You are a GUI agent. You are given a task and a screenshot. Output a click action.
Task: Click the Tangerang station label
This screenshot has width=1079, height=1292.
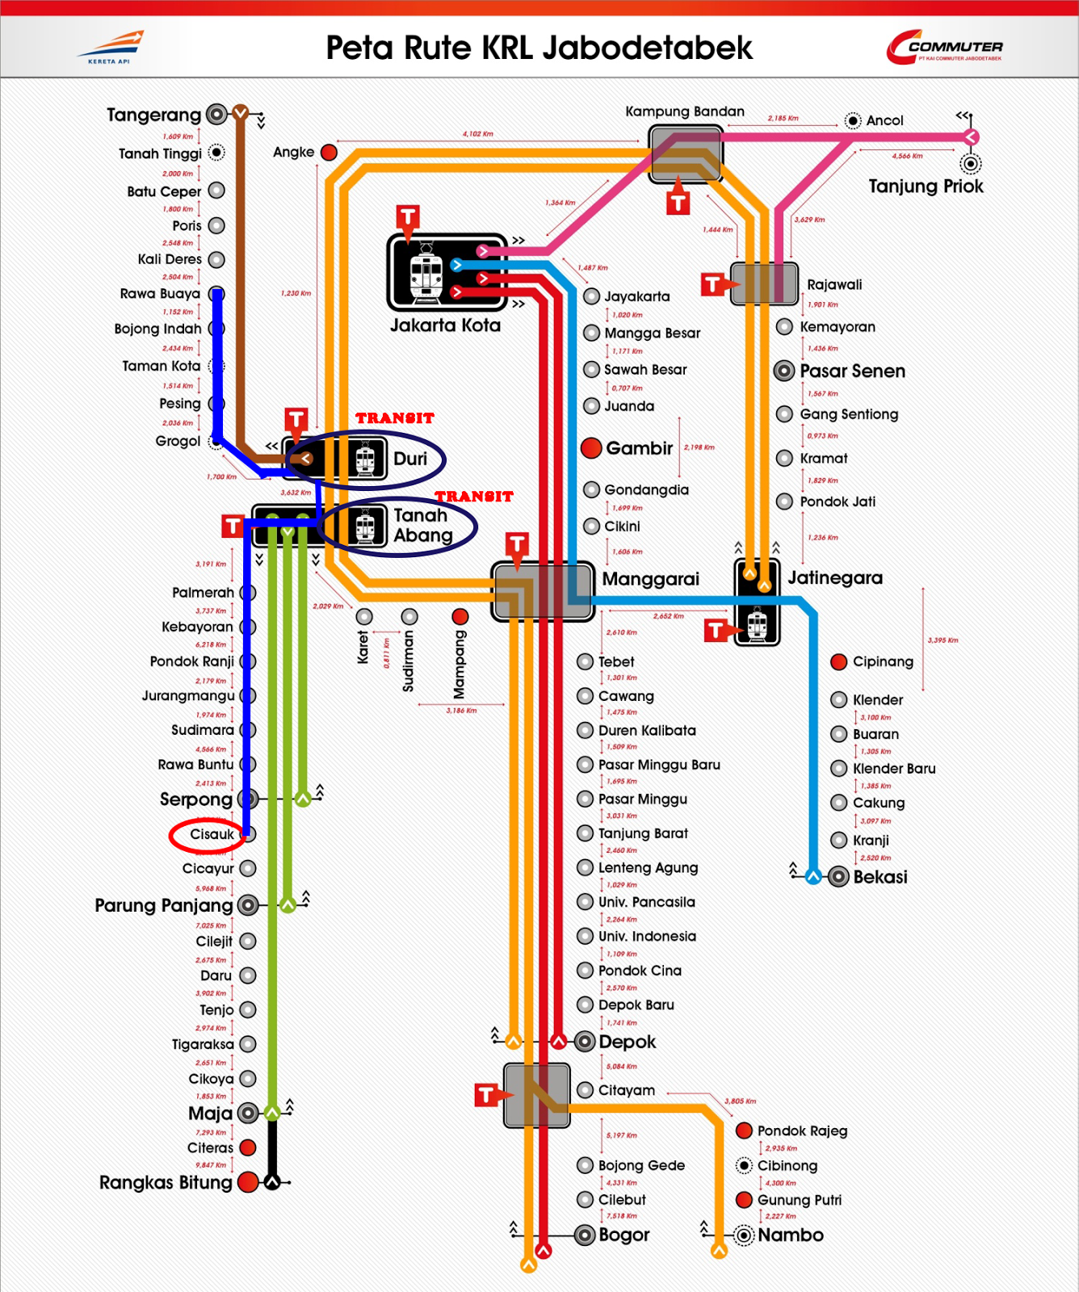[153, 115]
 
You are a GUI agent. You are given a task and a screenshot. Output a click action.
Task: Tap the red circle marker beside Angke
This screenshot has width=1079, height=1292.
[329, 152]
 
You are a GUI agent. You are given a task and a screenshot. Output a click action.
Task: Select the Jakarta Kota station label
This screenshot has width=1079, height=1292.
[445, 325]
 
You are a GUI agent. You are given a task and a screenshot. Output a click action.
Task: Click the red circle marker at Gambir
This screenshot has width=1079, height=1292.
[591, 448]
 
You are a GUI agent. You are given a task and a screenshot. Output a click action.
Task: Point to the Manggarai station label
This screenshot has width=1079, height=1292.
[650, 579]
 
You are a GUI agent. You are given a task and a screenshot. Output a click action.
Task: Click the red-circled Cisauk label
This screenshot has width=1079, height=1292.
[212, 834]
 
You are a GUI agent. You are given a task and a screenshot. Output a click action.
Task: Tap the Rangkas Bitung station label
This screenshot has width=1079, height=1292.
[166, 1183]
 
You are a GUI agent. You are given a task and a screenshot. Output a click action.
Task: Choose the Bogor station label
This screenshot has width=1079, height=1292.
[623, 1235]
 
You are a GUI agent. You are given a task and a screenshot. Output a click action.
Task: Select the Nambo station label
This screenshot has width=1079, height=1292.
[790, 1235]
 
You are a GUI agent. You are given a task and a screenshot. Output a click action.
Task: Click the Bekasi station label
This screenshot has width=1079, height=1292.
[880, 877]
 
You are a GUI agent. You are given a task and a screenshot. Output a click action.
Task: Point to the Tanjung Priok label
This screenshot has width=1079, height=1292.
[926, 187]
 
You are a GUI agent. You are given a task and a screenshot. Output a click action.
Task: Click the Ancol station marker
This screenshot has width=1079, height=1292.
[853, 121]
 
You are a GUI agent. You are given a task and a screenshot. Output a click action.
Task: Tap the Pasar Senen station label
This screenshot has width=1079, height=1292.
[852, 371]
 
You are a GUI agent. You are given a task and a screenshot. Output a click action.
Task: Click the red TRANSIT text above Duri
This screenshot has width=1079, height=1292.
[395, 418]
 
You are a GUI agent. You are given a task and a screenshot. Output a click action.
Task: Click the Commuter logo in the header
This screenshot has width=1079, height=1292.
[944, 48]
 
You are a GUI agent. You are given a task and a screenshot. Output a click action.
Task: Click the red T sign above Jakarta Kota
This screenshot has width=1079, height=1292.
[408, 217]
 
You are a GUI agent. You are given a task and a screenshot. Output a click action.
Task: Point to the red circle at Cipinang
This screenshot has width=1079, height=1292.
[839, 662]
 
